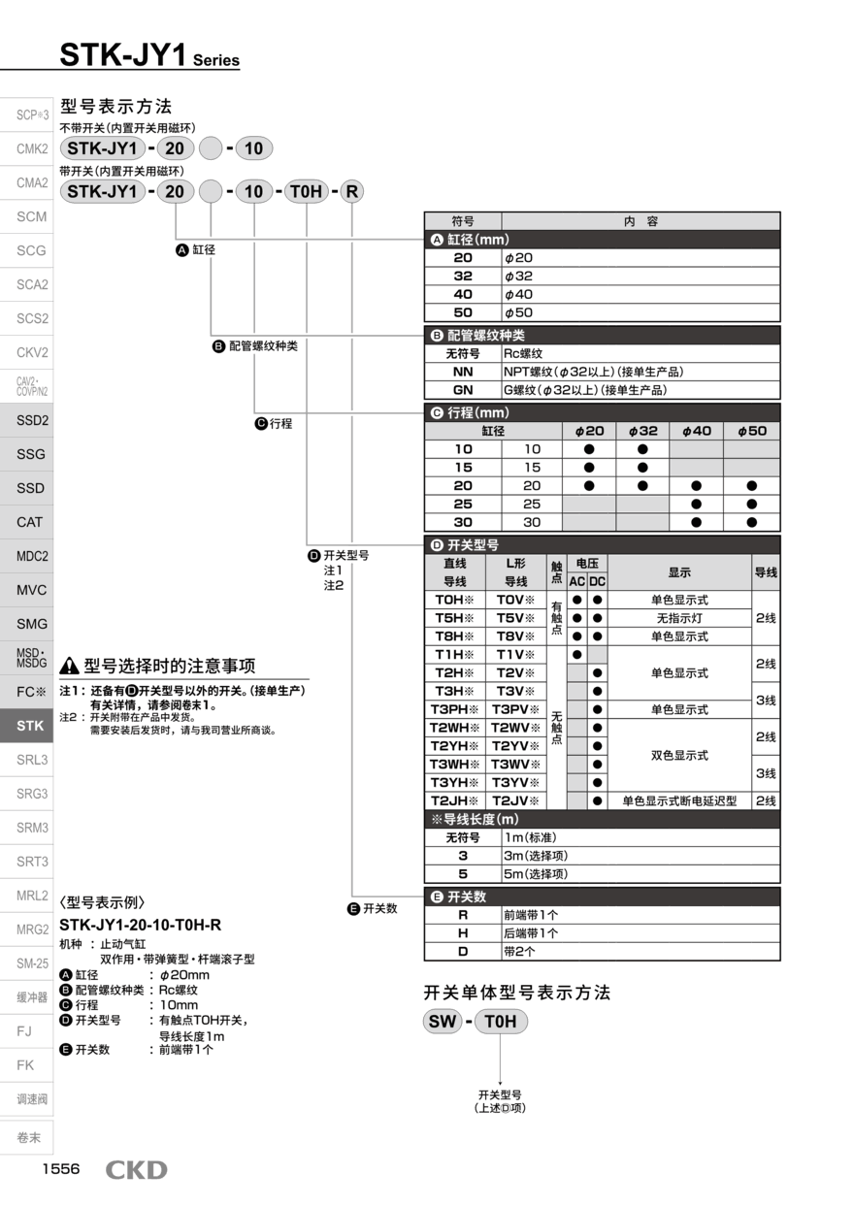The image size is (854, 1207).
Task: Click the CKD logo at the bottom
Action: pyautogui.click(x=136, y=1170)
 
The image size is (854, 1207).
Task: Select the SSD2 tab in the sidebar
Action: pyautogui.click(x=31, y=420)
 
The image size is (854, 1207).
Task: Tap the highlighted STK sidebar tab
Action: pyautogui.click(x=31, y=725)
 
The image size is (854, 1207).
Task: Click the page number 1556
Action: pyautogui.click(x=60, y=1169)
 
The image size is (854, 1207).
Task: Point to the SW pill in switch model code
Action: pyautogui.click(x=443, y=1021)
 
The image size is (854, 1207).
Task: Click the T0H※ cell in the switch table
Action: pyautogui.click(x=455, y=600)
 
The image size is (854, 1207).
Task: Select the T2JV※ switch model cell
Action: pyautogui.click(x=516, y=800)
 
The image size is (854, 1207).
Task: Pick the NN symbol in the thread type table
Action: pyautogui.click(x=463, y=372)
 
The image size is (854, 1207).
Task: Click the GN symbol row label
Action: pyautogui.click(x=463, y=390)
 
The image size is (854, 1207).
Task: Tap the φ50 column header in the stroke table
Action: pyautogui.click(x=751, y=431)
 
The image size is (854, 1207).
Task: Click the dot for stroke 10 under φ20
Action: pyautogui.click(x=589, y=449)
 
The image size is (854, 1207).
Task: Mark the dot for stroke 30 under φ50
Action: pyautogui.click(x=751, y=522)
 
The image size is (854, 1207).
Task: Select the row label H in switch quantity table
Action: pyautogui.click(x=463, y=932)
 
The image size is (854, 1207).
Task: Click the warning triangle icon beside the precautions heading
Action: pyautogui.click(x=69, y=667)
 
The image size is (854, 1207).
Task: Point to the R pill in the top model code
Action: pyautogui.click(x=351, y=191)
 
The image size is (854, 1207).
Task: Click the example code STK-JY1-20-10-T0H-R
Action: pyautogui.click(x=141, y=924)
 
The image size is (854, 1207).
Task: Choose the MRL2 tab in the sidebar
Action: pyautogui.click(x=31, y=896)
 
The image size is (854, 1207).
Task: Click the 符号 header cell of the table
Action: pyautogui.click(x=463, y=221)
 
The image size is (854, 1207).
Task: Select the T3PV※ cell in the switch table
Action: pyautogui.click(x=516, y=709)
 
